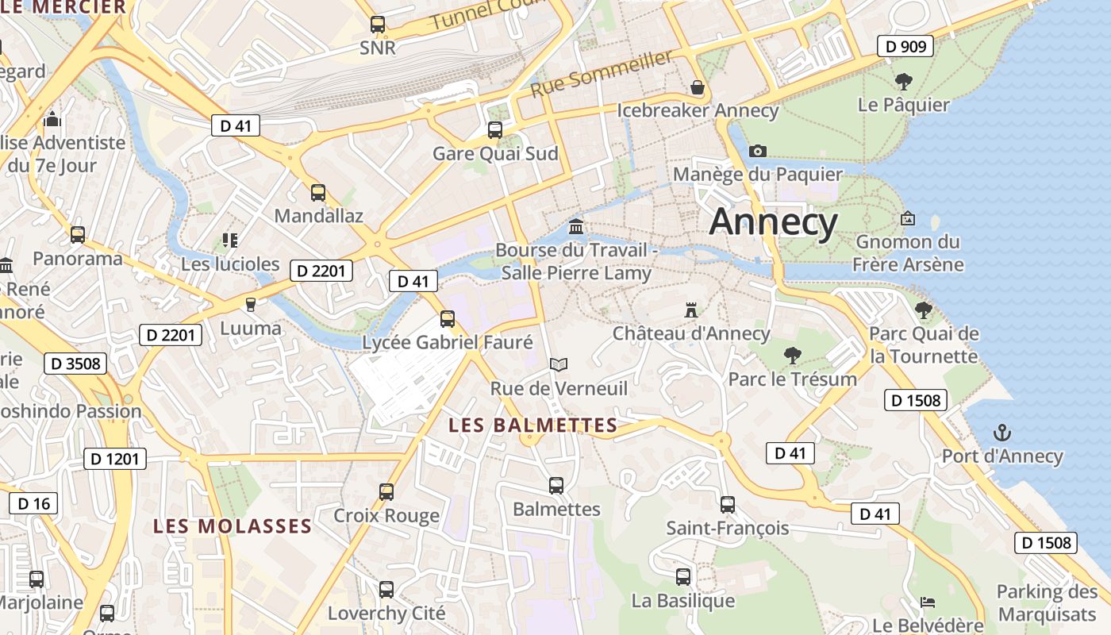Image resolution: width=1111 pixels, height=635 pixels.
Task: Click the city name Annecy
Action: coord(773,221)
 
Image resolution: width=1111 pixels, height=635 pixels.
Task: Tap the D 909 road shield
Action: coord(905,46)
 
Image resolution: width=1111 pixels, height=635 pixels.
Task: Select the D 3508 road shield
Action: coord(75,364)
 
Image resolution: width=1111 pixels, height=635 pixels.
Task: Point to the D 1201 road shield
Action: coord(115,458)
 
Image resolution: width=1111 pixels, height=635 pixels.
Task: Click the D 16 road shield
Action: coord(33,503)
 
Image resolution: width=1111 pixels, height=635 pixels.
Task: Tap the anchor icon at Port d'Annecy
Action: coord(1002,433)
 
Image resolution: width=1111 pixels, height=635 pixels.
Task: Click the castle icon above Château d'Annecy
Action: coord(691,310)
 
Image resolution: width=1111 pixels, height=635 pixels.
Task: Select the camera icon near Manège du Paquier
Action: coord(758,151)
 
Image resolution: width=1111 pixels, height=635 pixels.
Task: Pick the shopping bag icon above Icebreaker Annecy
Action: coord(698,87)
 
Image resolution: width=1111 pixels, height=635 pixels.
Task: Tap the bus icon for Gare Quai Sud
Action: coord(495,129)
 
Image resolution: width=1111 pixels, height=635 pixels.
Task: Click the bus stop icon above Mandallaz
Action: coord(318,192)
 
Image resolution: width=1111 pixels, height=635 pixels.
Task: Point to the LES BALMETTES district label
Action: coord(532,425)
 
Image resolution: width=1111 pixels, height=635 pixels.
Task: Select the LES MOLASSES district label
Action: coord(233,526)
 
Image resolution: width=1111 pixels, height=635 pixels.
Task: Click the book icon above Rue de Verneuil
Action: coord(559,364)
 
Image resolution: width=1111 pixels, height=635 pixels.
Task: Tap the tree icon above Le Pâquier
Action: coord(903,81)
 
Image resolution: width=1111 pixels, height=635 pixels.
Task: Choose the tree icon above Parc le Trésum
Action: coord(792,355)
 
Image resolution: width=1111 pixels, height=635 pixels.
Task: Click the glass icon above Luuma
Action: coord(251,304)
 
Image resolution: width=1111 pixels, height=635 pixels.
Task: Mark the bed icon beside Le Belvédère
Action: coord(927,602)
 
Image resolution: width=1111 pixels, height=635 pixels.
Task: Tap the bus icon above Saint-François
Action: coord(728,504)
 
